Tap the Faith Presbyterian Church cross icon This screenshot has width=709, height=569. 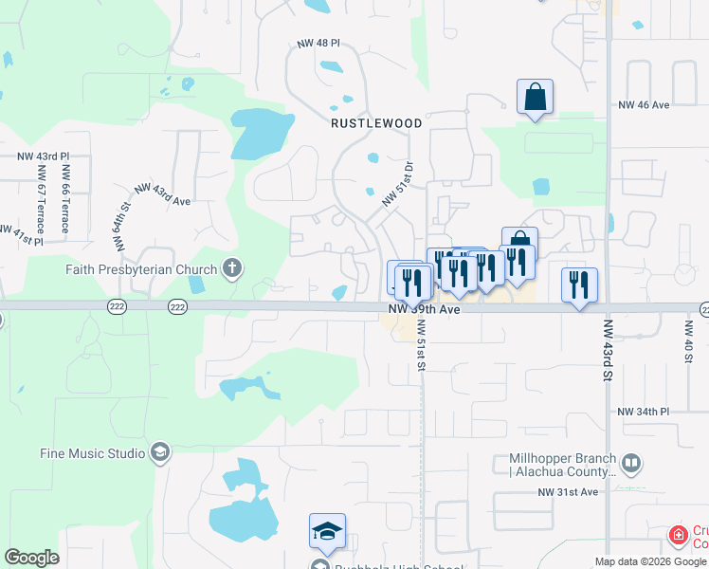pos(231,268)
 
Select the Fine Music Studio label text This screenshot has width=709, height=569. pos(92,452)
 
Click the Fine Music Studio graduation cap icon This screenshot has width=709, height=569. pos(159,452)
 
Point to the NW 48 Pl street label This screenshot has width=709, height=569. pos(317,45)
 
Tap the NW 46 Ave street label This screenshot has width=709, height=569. pos(644,105)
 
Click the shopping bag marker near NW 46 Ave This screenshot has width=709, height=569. pos(535,97)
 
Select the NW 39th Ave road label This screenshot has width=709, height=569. pos(424,309)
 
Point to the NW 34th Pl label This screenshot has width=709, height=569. pos(643,413)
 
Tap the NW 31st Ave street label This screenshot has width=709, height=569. pos(569,492)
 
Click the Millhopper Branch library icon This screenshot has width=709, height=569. pos(631,465)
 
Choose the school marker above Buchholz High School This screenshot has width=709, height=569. pos(327,531)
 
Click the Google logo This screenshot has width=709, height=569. pos(31,558)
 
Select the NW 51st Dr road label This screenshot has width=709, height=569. pos(398,185)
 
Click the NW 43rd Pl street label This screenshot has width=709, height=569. pos(43,156)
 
